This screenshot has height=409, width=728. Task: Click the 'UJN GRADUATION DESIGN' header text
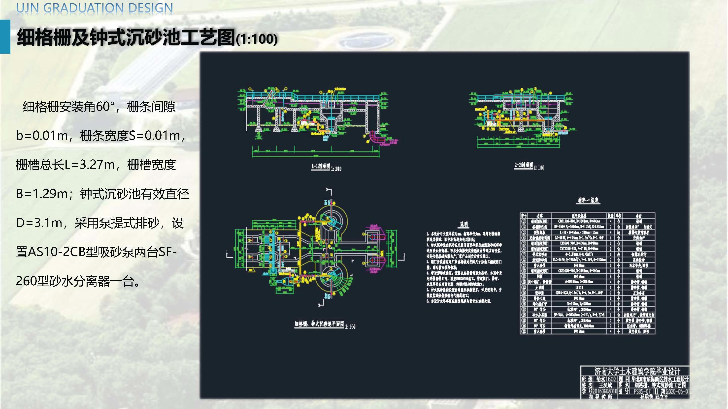(x=94, y=8)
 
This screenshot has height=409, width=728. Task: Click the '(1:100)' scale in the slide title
(x=256, y=39)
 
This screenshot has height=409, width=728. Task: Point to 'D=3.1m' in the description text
(x=39, y=223)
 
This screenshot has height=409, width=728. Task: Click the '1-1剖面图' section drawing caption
(x=321, y=167)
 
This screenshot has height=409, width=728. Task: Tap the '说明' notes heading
(x=464, y=225)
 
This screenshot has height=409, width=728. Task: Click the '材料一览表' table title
(x=588, y=200)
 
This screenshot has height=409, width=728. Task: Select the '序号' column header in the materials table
(x=524, y=216)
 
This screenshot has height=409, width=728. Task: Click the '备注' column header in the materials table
(x=638, y=216)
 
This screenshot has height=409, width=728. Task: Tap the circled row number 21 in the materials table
(x=524, y=331)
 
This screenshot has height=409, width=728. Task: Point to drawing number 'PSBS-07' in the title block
(x=642, y=391)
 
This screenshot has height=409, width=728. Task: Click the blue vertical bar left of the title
(x=5, y=36)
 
